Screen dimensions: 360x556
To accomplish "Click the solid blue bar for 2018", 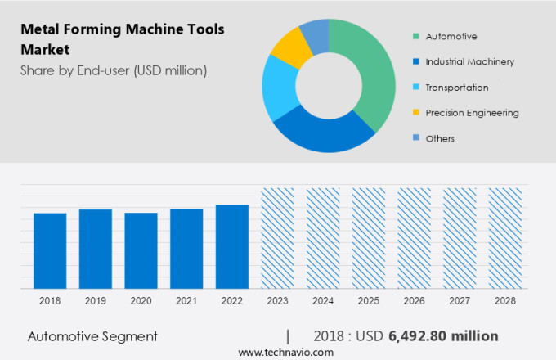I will tap(50, 250).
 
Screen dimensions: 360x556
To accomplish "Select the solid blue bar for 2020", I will tap(141, 250).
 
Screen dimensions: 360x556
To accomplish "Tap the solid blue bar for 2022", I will tap(232, 246).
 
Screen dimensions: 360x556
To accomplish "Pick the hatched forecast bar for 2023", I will tap(277, 238).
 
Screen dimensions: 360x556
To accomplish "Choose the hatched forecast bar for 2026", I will tap(414, 238).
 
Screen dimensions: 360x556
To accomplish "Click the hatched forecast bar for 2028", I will tap(504, 238).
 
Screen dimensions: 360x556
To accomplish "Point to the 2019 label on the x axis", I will tap(96, 300).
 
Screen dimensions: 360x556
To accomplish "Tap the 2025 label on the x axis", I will tap(368, 300).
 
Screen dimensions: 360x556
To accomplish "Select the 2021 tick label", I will tap(186, 300).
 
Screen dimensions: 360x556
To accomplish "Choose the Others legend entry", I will tap(439, 138).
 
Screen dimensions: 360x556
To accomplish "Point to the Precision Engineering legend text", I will tap(472, 113).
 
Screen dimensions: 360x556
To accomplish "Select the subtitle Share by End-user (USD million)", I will tap(114, 70).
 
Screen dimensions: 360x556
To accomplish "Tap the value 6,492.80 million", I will tap(444, 336).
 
